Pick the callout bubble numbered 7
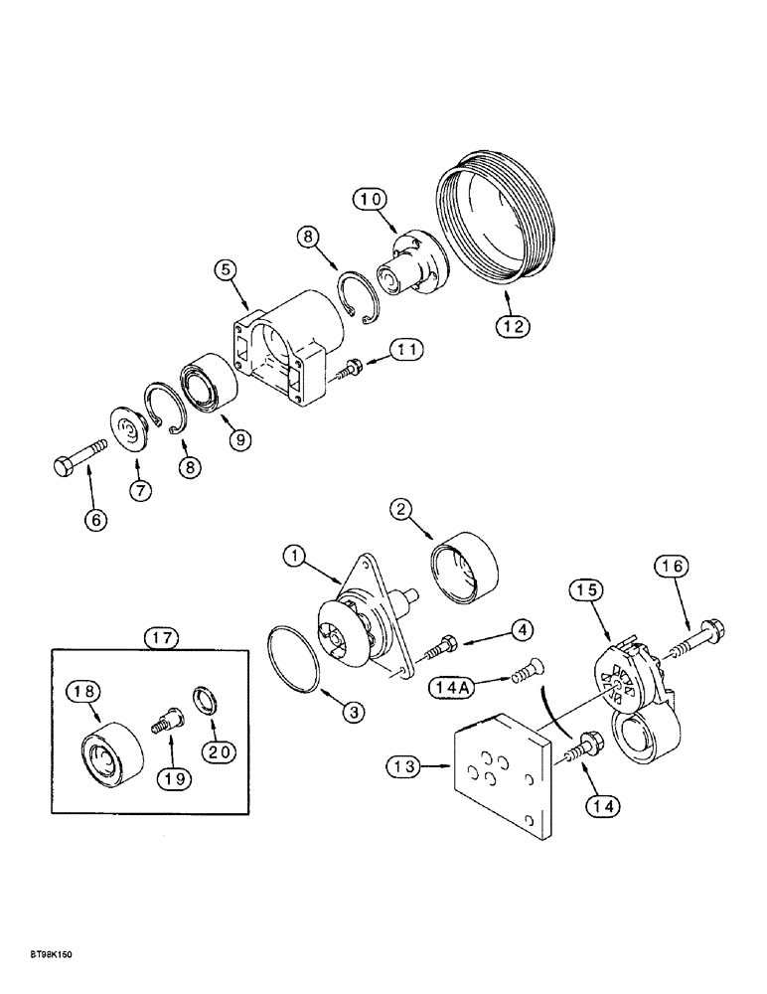(x=140, y=490)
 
